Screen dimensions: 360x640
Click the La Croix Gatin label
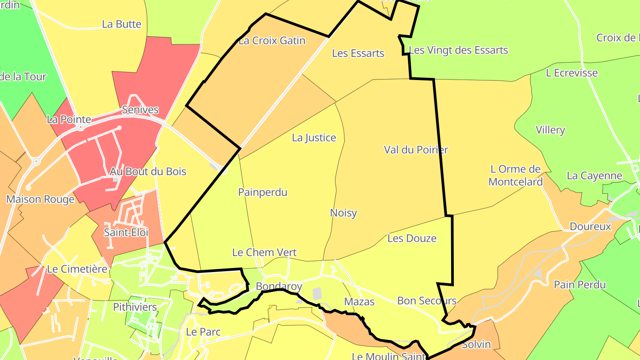pyautogui.click(x=272, y=41)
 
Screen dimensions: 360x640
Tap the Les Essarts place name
pyautogui.click(x=358, y=53)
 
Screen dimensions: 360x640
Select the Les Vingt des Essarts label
pyautogui.click(x=458, y=50)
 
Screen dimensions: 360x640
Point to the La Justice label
pyautogui.click(x=314, y=138)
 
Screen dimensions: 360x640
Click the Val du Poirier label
pyautogui.click(x=416, y=150)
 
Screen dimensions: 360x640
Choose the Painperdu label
pyautogui.click(x=263, y=192)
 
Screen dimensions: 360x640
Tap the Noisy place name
pyautogui.click(x=344, y=213)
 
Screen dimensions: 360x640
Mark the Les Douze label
pyautogui.click(x=412, y=239)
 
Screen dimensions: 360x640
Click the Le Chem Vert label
pyautogui.click(x=264, y=252)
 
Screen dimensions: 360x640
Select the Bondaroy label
pyautogui.click(x=279, y=287)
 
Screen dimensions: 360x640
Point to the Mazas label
pyautogui.click(x=359, y=302)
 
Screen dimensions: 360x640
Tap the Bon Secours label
pyautogui.click(x=427, y=301)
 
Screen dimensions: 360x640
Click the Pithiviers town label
pyautogui.click(x=135, y=307)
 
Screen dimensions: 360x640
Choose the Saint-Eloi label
pyautogui.click(x=126, y=232)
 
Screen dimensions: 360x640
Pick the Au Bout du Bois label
pyautogui.click(x=148, y=172)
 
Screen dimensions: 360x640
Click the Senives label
pyautogui.click(x=140, y=110)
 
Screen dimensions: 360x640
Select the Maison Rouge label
pyautogui.click(x=40, y=200)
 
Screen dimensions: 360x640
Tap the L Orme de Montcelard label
pyautogui.click(x=516, y=175)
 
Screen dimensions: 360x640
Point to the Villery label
pyautogui.click(x=550, y=130)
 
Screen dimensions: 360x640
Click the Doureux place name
pyautogui.click(x=591, y=227)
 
